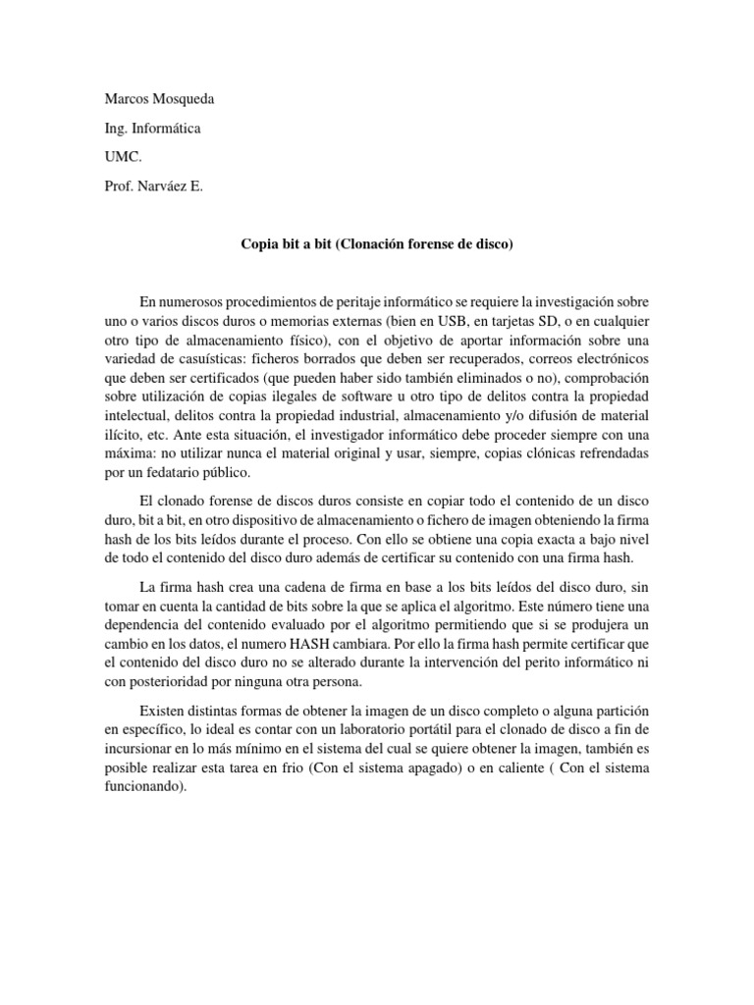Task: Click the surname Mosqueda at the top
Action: point(181,100)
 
